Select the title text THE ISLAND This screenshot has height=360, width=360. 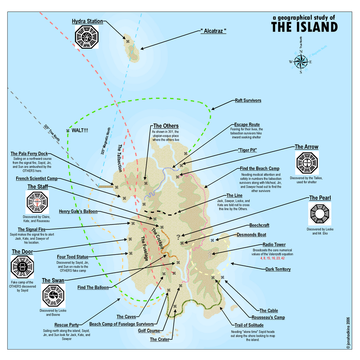(x=304, y=27)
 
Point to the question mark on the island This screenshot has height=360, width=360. (x=179, y=236)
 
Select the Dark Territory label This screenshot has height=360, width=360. (x=278, y=269)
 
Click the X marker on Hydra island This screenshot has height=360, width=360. (x=128, y=42)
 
